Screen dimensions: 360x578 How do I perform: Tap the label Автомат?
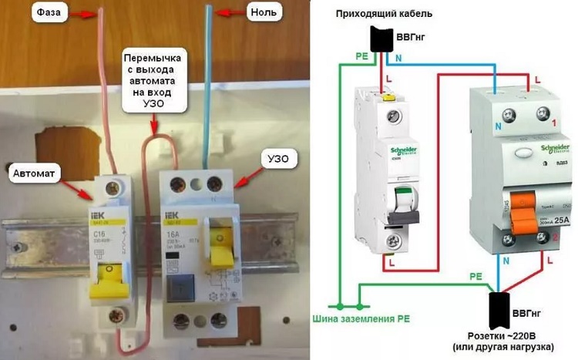pos(35,174)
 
